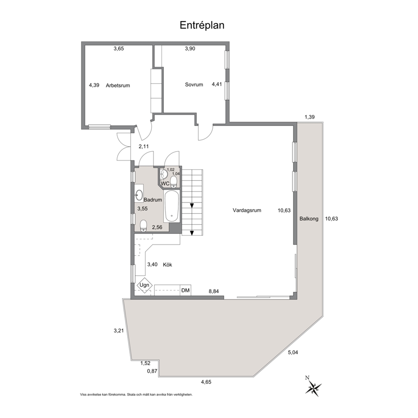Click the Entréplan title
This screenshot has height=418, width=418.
coord(202,25)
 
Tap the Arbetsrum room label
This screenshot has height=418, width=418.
coord(118,86)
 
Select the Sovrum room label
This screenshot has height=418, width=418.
coord(194,85)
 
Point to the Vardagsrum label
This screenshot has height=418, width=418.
coord(247,210)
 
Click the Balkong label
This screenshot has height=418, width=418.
coord(309,219)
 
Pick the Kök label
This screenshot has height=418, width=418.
coord(167,265)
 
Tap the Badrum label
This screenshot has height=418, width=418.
coord(153,200)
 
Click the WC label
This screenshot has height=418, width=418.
coord(165,183)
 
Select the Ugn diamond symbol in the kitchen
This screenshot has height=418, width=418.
coord(145,285)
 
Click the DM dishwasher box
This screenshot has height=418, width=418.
coord(185,290)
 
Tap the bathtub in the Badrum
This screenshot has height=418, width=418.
coord(171,206)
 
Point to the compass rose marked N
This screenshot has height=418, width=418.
coord(313,386)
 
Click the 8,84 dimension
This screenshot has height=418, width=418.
coord(214,291)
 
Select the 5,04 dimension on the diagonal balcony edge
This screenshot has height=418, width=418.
coord(293,352)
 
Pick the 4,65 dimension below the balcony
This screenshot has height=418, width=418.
coord(206,382)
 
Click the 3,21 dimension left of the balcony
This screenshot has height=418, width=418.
coord(119,331)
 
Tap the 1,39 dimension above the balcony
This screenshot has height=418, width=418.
coord(310,117)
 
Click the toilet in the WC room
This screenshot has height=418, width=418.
coord(174,181)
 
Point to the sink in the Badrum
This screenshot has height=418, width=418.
coord(139,195)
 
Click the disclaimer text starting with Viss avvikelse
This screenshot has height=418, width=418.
coord(136,394)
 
